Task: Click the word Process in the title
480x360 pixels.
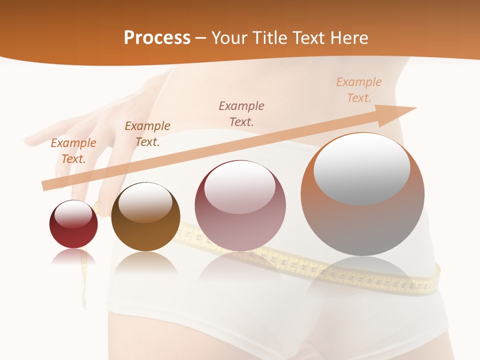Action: pyautogui.click(x=157, y=38)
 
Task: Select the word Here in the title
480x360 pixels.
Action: pyautogui.click(x=349, y=38)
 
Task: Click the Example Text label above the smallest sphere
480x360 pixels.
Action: pyautogui.click(x=73, y=150)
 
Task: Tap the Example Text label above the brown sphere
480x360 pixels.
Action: pyautogui.click(x=147, y=133)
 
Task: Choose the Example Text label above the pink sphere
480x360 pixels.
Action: pyautogui.click(x=241, y=113)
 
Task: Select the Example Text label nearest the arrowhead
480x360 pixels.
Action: pyautogui.click(x=359, y=89)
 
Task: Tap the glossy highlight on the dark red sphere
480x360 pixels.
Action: pyautogui.click(x=73, y=214)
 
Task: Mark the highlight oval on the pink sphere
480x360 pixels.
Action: pyautogui.click(x=240, y=186)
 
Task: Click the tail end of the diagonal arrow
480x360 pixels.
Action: pyautogui.click(x=45, y=185)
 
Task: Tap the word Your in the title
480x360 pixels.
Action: pyautogui.click(x=228, y=38)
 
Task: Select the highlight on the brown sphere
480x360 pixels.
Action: pyautogui.click(x=145, y=202)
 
